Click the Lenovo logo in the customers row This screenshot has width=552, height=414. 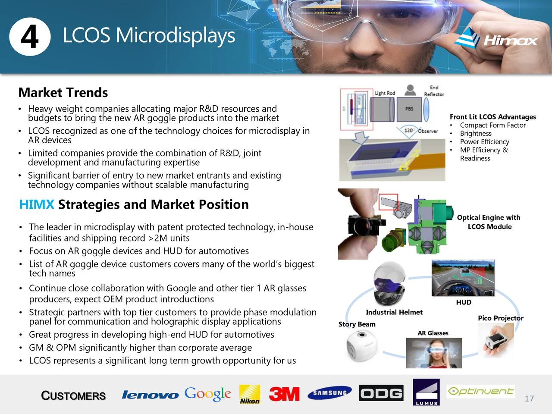point(150,395)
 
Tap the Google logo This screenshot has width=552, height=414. point(208,394)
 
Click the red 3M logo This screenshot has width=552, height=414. point(284,394)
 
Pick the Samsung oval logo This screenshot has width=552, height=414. point(329,393)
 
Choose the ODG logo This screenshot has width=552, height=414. point(381,393)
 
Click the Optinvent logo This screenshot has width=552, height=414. point(480,391)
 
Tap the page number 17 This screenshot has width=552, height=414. point(529,398)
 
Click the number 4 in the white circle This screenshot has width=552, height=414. point(29,37)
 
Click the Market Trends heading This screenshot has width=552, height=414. point(63,93)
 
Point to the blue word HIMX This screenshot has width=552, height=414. point(37,204)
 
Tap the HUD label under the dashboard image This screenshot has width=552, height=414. point(464,302)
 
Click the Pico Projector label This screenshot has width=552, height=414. point(500,318)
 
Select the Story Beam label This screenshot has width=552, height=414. point(357,324)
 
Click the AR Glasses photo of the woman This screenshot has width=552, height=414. point(434,353)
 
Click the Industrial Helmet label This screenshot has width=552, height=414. point(394,312)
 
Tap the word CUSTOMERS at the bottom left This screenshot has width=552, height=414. point(73,396)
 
